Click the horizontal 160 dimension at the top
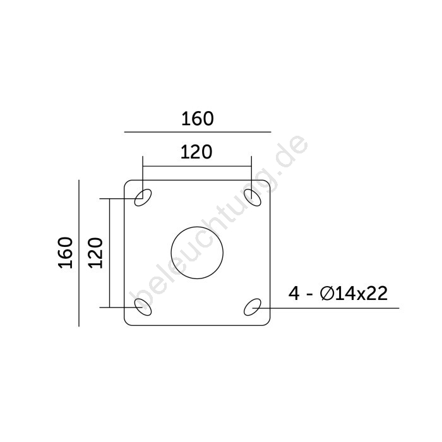197,119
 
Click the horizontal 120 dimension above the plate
196,152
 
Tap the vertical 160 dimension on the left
66,253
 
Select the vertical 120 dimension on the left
95,253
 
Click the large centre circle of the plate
197,227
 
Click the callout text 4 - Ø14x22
338,294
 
